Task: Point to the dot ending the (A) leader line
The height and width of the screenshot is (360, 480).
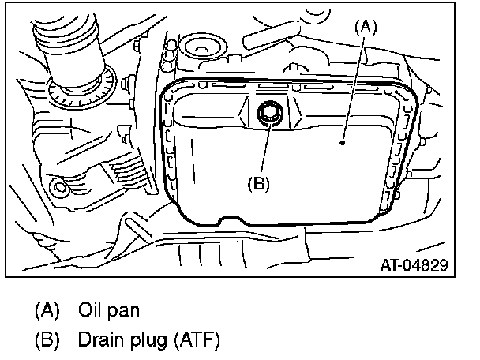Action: pyautogui.click(x=342, y=143)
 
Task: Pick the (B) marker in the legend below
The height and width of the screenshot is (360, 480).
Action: pyautogui.click(x=47, y=341)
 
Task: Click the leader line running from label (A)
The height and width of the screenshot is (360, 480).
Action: pyautogui.click(x=353, y=87)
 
